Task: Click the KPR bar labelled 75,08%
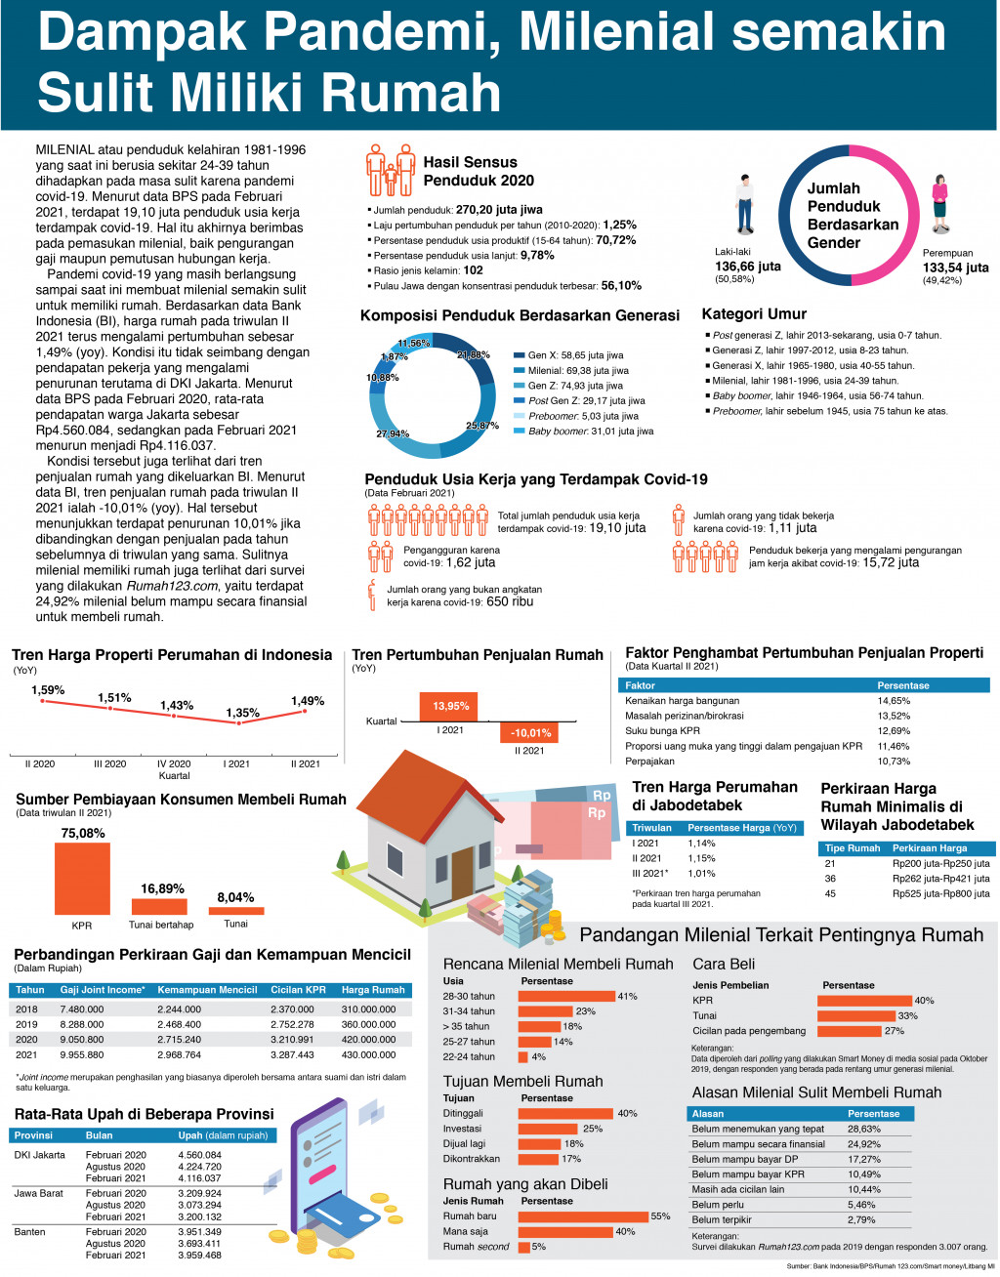pyautogui.click(x=81, y=878)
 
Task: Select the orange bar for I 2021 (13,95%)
pyautogui.click(x=450, y=706)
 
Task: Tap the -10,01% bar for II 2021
pyautogui.click(x=529, y=732)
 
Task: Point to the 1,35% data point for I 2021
pyautogui.click(x=239, y=722)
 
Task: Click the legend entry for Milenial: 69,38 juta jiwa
pyautogui.click(x=578, y=371)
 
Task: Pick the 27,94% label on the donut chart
pyautogui.click(x=393, y=433)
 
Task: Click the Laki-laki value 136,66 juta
pyautogui.click(x=748, y=267)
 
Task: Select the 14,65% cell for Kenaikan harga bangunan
pyautogui.click(x=894, y=701)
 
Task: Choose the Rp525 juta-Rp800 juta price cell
pyautogui.click(x=940, y=893)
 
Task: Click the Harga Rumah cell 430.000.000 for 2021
pyautogui.click(x=369, y=1054)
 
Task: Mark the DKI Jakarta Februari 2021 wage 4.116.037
pyautogui.click(x=199, y=1178)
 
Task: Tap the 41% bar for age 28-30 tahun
pyautogui.click(x=566, y=996)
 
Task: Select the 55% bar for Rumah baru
pyautogui.click(x=583, y=1216)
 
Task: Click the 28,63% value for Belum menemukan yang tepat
pyautogui.click(x=864, y=1129)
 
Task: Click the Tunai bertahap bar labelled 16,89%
pyautogui.click(x=158, y=906)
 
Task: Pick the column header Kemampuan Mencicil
pyautogui.click(x=207, y=990)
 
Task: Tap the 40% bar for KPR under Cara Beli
pyautogui.click(x=864, y=1001)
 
